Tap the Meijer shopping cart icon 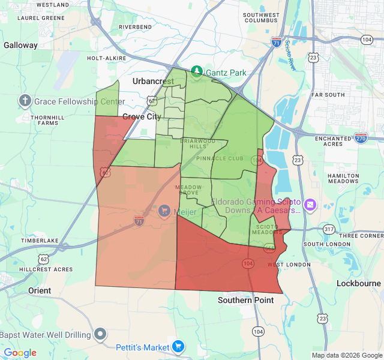click(164, 211)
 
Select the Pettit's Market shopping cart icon click(178, 346)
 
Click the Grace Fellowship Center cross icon click(25, 101)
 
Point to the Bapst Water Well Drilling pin click(101, 334)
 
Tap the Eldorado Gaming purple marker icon click(310, 205)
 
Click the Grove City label click(142, 116)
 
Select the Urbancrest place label click(153, 81)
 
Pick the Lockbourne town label click(358, 283)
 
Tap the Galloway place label click(20, 45)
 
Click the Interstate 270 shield click(361, 138)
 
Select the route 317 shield click(328, 229)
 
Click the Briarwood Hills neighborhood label click(197, 144)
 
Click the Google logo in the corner click(20, 353)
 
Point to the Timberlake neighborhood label click(40, 241)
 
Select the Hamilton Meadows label click(343, 179)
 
